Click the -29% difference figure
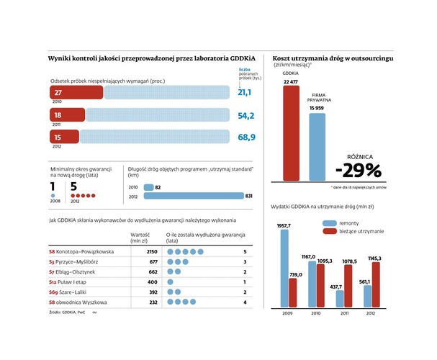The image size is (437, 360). [x=358, y=170]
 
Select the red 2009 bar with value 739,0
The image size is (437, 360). [x=293, y=292]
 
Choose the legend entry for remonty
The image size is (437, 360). [x=338, y=223]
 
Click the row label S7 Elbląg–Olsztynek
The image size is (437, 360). [x=68, y=273]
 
